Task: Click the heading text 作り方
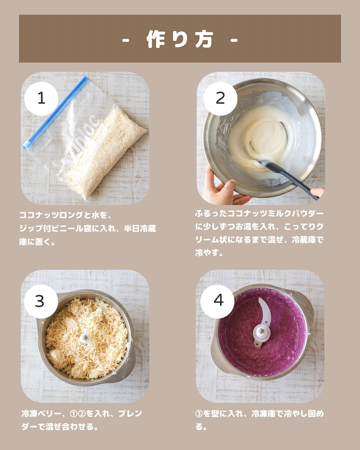(x=180, y=40)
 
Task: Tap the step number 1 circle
(x=41, y=98)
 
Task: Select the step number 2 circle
(x=220, y=98)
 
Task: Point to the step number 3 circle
(x=41, y=301)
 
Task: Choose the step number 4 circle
(x=217, y=301)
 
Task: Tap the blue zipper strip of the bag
(x=55, y=114)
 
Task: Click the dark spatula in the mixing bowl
(x=289, y=179)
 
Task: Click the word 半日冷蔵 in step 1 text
(x=140, y=229)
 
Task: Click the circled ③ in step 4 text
(x=199, y=413)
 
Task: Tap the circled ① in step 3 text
(x=74, y=413)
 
